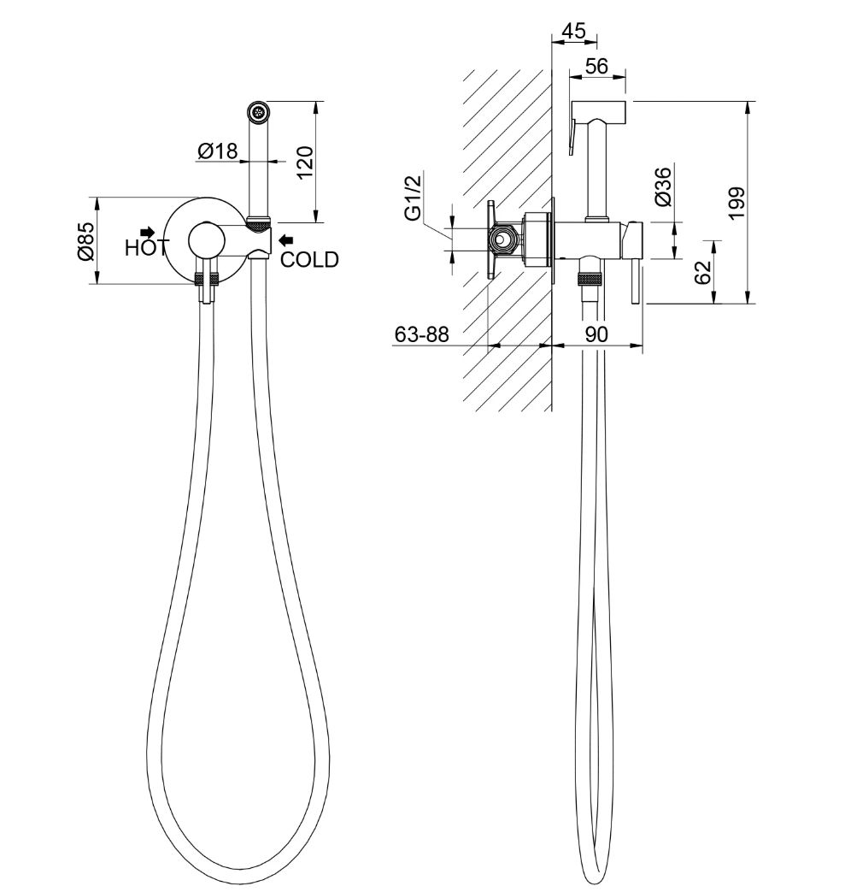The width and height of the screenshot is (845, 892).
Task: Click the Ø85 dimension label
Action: [x=85, y=240]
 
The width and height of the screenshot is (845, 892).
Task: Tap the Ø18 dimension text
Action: [x=218, y=151]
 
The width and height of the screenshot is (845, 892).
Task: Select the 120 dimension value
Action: [x=305, y=162]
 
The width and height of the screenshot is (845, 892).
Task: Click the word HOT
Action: [x=147, y=247]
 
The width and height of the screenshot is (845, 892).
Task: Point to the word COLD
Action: [x=309, y=259]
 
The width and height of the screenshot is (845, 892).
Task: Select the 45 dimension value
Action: [x=573, y=31]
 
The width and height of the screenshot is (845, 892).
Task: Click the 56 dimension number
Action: [x=596, y=66]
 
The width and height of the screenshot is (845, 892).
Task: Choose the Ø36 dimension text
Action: [x=663, y=186]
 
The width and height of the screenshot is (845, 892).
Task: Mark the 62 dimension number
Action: [x=702, y=272]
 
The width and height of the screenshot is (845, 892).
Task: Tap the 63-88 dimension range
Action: [x=422, y=334]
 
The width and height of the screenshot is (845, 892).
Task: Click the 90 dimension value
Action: [x=596, y=334]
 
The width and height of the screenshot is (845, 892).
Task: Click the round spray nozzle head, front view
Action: [x=260, y=110]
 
